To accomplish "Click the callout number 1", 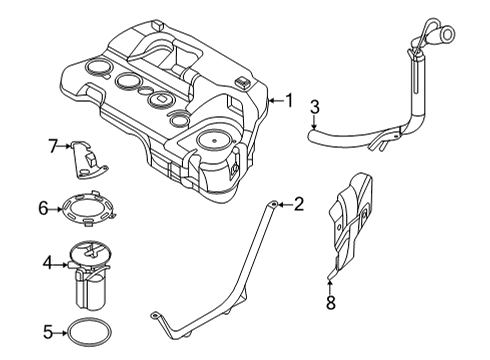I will (289, 100).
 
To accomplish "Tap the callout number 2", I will (297, 205).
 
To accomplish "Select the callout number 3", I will (314, 107).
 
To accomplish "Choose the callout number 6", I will (44, 209).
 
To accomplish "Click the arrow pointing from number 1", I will (276, 100).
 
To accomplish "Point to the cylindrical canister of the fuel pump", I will (91, 290).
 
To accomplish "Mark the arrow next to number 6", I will (58, 209).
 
